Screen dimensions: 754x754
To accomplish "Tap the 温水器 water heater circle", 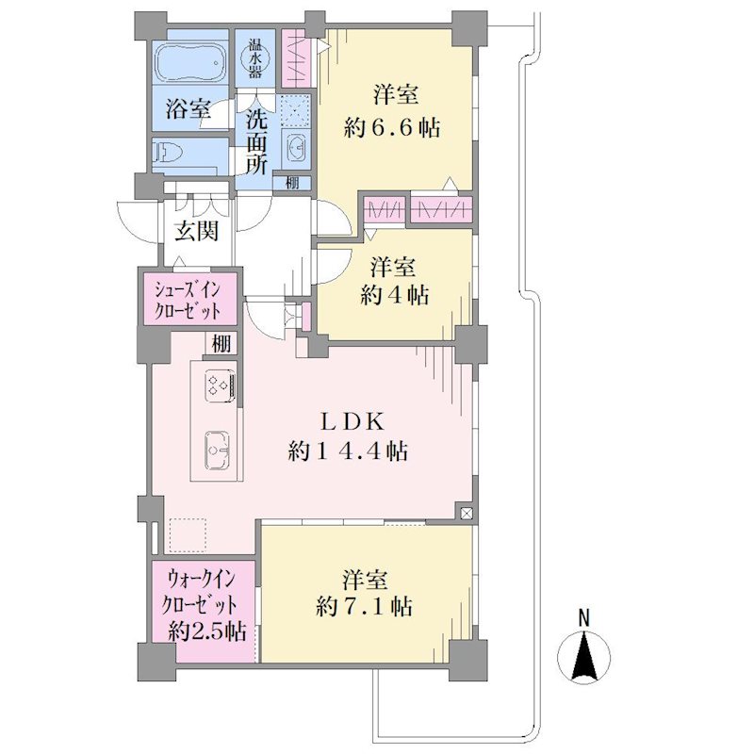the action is click(x=254, y=58).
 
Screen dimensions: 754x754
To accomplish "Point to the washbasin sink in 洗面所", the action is click(x=296, y=146).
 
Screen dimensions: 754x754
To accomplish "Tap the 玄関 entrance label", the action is click(x=197, y=231).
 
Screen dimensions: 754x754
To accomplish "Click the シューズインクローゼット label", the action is click(x=188, y=300).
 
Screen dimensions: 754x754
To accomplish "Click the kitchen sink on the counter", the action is click(x=218, y=451).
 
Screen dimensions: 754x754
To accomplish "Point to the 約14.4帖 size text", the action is click(x=348, y=451).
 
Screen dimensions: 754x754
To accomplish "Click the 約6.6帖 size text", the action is click(x=391, y=128).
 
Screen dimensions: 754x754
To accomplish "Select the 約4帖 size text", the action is click(x=394, y=294).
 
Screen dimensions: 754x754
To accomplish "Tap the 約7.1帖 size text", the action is click(x=364, y=607).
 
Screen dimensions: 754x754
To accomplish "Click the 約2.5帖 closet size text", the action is click(x=207, y=631).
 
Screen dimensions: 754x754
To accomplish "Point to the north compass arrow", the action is click(x=583, y=657).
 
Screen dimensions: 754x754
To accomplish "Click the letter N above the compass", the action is click(x=583, y=617).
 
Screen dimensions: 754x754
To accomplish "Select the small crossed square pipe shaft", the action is click(x=466, y=513).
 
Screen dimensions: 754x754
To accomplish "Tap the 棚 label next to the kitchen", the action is click(x=221, y=344).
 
